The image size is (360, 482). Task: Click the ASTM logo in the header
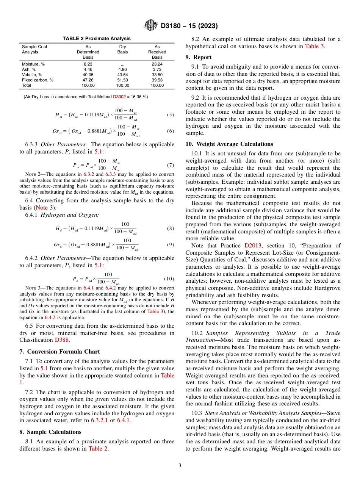[x=151, y=26]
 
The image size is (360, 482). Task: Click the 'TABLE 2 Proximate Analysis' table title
[x=97, y=39]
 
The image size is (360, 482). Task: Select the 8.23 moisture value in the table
[x=88, y=64]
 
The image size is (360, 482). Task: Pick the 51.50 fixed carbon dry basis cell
[x=122, y=80]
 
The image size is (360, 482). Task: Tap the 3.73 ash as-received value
[x=157, y=70]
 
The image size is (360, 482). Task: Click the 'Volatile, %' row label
[x=32, y=75]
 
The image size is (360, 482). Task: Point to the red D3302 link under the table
[x=119, y=97]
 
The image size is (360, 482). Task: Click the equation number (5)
[x=171, y=114]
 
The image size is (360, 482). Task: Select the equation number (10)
[x=169, y=279]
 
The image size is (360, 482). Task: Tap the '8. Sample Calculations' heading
[x=50, y=432]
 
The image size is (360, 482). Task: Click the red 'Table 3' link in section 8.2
[x=314, y=47]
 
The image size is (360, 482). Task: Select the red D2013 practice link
[x=255, y=246]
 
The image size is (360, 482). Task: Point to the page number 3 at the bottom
[x=180, y=466]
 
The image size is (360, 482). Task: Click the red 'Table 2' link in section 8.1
[x=98, y=449]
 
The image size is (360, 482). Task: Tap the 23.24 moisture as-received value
[x=157, y=64]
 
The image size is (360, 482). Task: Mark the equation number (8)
[x=171, y=228]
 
